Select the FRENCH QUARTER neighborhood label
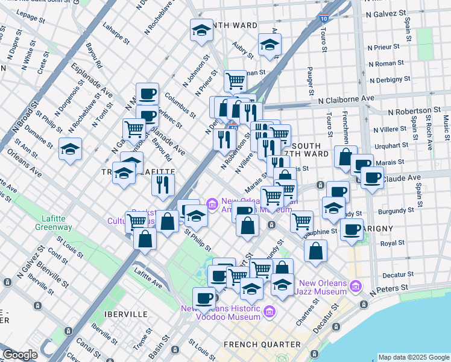(262, 345)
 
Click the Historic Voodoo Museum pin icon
(269, 312)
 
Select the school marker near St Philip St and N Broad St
(71, 149)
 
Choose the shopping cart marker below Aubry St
(235, 80)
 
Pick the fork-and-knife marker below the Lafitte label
(163, 185)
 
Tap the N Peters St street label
(390, 291)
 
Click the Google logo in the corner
(20, 355)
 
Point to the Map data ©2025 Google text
(413, 357)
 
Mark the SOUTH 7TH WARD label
(309, 150)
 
